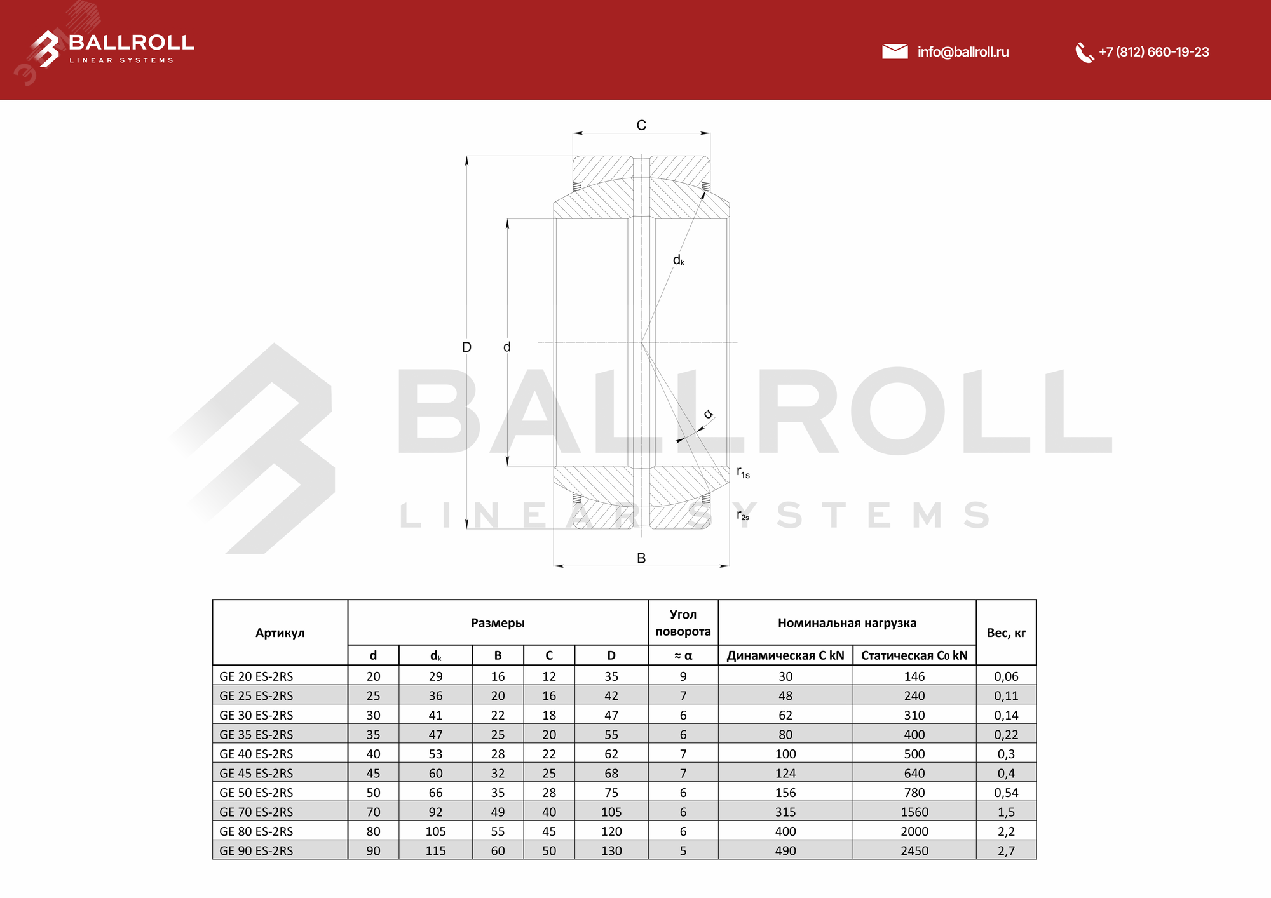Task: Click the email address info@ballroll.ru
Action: (x=963, y=52)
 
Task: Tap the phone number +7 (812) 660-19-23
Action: (x=1153, y=52)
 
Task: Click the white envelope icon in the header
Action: (x=895, y=51)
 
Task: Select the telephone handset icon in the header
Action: (x=1084, y=53)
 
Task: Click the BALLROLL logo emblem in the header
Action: (x=46, y=49)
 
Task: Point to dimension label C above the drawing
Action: (x=641, y=125)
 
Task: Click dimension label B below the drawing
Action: (x=641, y=558)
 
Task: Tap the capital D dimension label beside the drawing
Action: (x=466, y=347)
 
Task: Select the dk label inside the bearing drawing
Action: (x=679, y=260)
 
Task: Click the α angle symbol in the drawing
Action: (x=708, y=414)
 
